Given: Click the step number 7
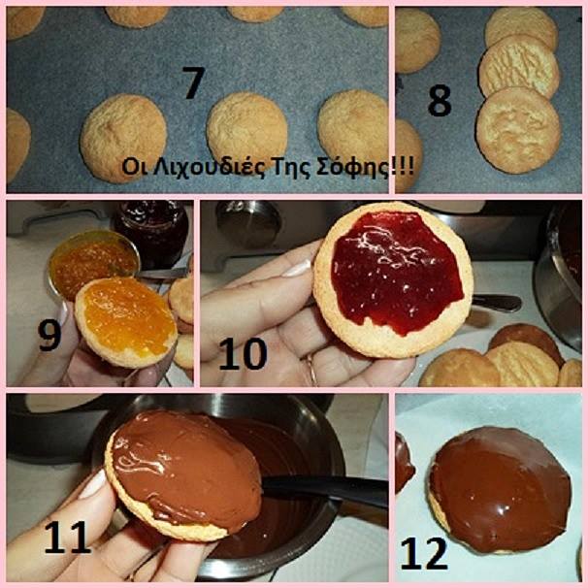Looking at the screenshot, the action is pos(194,82).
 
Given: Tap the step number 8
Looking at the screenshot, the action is pos(440,100).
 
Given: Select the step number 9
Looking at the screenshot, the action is pos(49,336).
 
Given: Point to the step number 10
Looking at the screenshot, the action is pos(243,353).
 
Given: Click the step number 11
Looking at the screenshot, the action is pos(68,537).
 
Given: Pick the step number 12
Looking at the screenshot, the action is pos(424,553).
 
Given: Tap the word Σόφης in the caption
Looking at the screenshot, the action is pos(352,167).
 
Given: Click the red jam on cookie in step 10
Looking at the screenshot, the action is pos(397,271).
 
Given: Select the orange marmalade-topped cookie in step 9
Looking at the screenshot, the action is pos(126,322).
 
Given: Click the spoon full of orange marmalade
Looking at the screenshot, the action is pos(94,263).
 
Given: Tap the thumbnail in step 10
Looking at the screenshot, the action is pos(297,268).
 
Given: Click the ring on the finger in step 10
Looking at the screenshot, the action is pos(311,370).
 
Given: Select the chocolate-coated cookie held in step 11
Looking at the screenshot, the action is pos(183,474).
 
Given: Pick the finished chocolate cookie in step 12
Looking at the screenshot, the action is pos(500,490).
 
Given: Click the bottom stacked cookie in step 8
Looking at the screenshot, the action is pos(518,130).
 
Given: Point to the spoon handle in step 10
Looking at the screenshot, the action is pos(496,303).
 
